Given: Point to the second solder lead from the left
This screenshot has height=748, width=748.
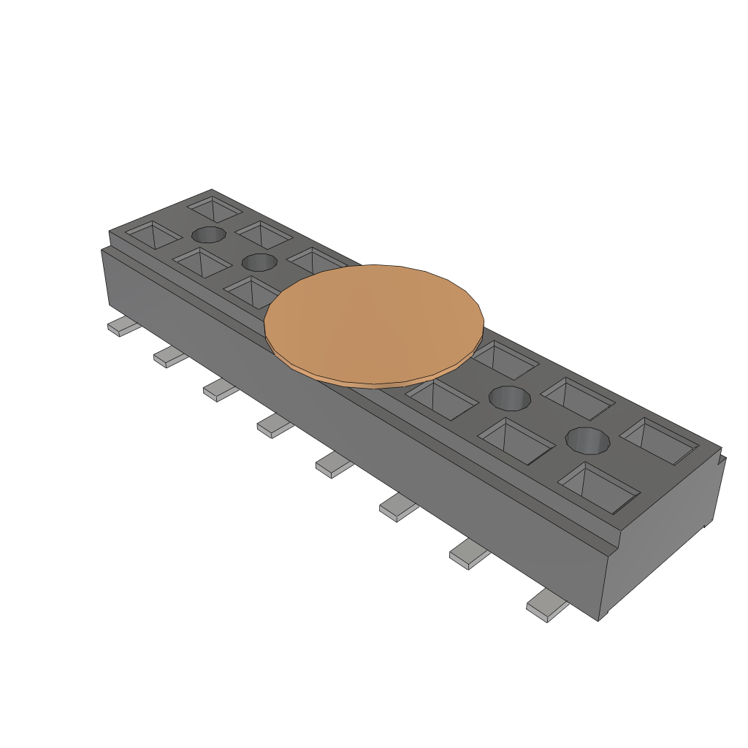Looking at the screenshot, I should pyautogui.click(x=170, y=356).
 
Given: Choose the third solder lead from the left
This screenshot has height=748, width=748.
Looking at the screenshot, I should pyautogui.click(x=221, y=390).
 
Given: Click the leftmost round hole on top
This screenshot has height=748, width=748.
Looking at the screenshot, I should pyautogui.click(x=208, y=234).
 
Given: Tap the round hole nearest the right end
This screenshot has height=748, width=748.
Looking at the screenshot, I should pyautogui.click(x=588, y=440).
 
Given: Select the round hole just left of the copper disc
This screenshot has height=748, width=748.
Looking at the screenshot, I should pyautogui.click(x=259, y=262).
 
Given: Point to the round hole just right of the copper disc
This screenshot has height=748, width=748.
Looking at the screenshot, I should pyautogui.click(x=509, y=399).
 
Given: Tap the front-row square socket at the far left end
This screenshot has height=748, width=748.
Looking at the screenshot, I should pyautogui.click(x=153, y=234).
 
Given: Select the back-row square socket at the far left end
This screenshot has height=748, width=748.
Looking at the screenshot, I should pyautogui.click(x=215, y=208).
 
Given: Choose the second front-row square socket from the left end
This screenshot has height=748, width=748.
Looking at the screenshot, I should pyautogui.click(x=199, y=262).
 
